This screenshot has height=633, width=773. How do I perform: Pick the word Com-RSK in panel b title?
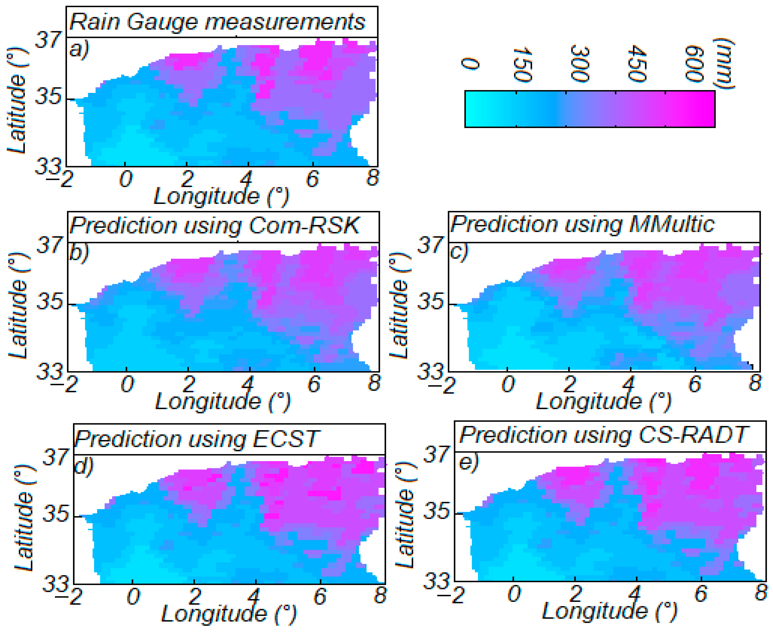(304, 226)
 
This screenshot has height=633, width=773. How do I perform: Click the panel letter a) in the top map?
(79, 49)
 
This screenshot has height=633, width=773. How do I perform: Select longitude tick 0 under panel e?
(514, 594)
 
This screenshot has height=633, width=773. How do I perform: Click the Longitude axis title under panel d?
(229, 614)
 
